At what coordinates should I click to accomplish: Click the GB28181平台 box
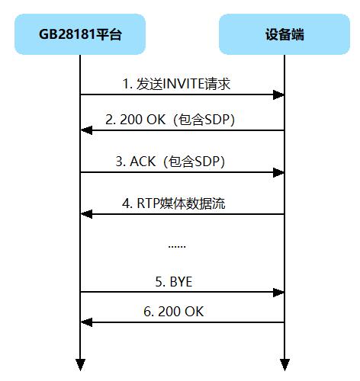click(79, 34)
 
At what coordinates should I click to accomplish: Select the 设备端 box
click(284, 34)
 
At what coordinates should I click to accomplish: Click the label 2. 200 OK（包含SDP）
click(182, 120)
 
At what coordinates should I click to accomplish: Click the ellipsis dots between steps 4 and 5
click(176, 246)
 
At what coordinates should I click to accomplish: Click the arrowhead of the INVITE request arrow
click(279, 94)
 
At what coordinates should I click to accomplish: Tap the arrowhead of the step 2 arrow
click(85, 131)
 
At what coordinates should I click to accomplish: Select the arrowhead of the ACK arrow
click(279, 172)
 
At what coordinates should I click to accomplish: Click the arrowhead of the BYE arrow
click(279, 292)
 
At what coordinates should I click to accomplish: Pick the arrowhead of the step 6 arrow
click(85, 322)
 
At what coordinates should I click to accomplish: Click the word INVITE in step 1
click(186, 84)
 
